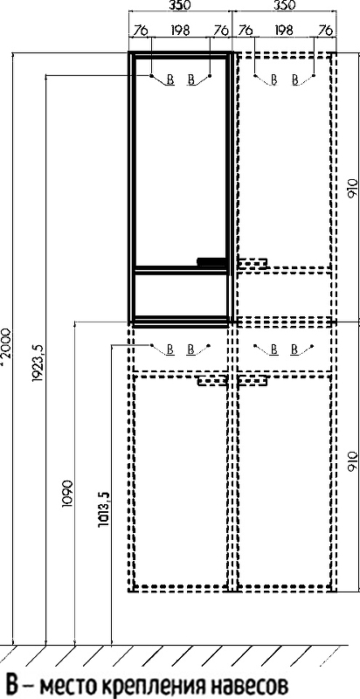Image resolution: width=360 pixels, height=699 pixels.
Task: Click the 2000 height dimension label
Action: click(x=6, y=347)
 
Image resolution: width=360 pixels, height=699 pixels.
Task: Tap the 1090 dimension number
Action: click(x=66, y=494)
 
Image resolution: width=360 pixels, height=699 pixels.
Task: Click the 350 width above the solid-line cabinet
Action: click(x=180, y=6)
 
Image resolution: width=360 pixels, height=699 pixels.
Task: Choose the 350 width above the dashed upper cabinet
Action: click(x=284, y=6)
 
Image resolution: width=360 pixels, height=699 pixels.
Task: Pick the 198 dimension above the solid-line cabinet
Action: click(x=180, y=31)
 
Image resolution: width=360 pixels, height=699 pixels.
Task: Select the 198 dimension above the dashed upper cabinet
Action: click(x=284, y=31)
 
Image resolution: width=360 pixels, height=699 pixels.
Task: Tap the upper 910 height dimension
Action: click(x=352, y=189)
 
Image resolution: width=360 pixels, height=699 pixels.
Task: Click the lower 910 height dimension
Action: click(x=352, y=462)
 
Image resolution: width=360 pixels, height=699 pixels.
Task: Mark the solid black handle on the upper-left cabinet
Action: click(x=211, y=262)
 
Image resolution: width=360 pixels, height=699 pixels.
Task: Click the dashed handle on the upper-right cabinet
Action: click(x=253, y=264)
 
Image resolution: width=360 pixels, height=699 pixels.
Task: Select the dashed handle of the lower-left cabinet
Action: click(x=212, y=381)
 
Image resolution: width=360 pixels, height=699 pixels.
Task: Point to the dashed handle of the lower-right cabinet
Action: click(x=253, y=381)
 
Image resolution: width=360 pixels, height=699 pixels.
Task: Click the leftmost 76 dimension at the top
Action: click(x=140, y=31)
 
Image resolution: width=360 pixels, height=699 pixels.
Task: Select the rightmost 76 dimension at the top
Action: click(x=326, y=31)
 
